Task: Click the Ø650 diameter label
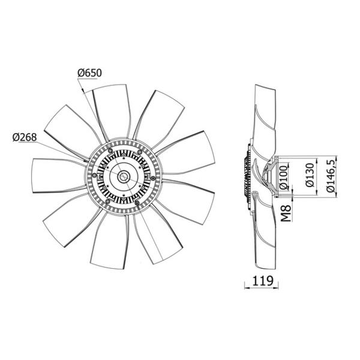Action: [89, 73]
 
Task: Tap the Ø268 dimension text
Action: [25, 137]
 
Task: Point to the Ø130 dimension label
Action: [310, 175]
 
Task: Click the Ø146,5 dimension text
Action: [331, 176]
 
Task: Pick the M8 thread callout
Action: [286, 214]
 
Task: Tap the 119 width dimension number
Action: [263, 281]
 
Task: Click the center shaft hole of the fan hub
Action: [124, 177]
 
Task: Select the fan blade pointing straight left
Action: [59, 176]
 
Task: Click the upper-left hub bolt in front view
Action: [110, 151]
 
